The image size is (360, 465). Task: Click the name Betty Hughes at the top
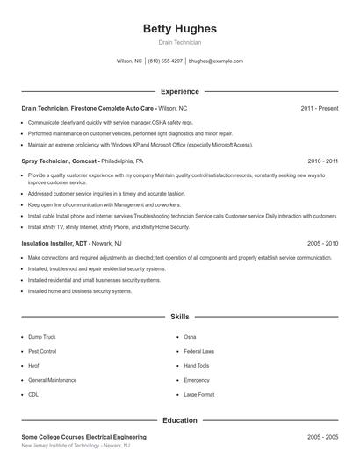point(179,29)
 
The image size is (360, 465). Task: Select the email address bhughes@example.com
point(216,61)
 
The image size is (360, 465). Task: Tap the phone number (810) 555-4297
point(165,61)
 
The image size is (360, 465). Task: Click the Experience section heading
point(179,91)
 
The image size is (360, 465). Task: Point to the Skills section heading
point(179,316)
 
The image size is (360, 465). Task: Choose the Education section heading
point(179,420)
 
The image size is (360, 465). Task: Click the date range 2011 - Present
point(319,108)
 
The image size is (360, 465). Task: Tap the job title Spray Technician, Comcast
point(60,161)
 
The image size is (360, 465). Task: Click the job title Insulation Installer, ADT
point(54,243)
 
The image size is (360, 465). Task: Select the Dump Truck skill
point(42,336)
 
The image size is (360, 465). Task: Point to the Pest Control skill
point(43,351)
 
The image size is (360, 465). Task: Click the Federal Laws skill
point(199,351)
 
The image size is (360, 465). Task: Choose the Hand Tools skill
point(197,366)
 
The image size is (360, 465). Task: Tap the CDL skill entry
point(34,395)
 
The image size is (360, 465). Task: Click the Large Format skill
point(198,395)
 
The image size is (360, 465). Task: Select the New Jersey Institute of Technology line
point(76,447)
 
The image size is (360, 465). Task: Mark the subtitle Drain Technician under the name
point(179,42)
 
